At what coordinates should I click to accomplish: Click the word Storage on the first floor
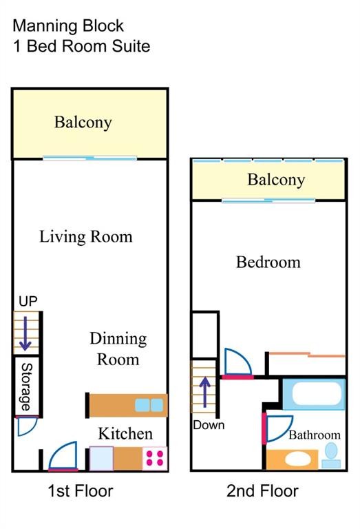(x=27, y=386)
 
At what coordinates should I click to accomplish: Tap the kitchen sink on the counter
(x=149, y=405)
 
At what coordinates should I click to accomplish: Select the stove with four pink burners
(x=155, y=459)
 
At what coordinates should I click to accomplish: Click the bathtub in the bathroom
(x=314, y=394)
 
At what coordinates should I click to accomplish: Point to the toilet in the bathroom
(x=331, y=455)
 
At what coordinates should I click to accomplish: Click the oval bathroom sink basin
(x=298, y=459)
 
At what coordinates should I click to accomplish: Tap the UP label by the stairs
(x=28, y=301)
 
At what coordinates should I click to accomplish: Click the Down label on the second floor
(x=209, y=425)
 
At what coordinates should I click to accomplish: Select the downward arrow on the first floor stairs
(x=25, y=333)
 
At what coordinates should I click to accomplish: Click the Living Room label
(x=86, y=237)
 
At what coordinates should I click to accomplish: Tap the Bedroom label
(x=268, y=262)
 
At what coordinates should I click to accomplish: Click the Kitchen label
(x=125, y=433)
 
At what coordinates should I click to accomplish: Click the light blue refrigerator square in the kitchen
(x=101, y=459)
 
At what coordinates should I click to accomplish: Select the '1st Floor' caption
(x=81, y=491)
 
